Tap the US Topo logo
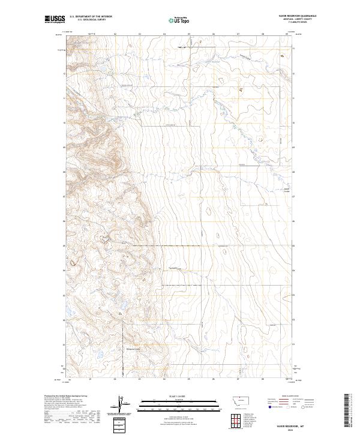pyautogui.click(x=179, y=20)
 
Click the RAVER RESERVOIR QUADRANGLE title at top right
pyautogui.click(x=298, y=16)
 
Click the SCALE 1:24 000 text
pyautogui.click(x=179, y=396)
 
